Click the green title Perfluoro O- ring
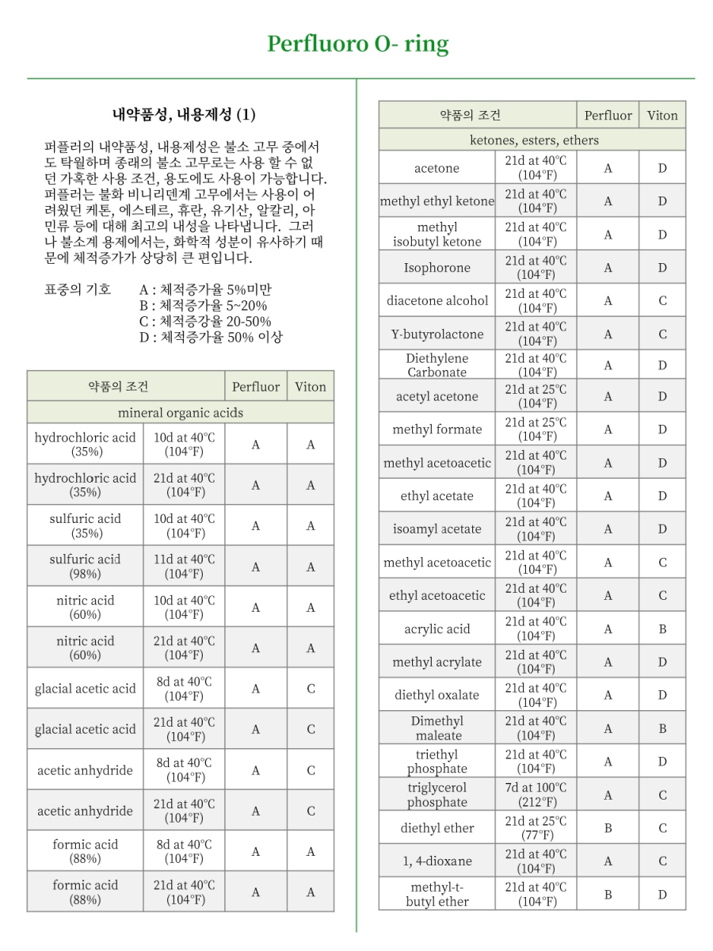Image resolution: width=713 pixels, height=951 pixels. [357, 44]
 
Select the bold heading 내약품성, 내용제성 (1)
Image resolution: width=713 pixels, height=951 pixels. [183, 115]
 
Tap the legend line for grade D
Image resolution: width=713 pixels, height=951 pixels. [211, 337]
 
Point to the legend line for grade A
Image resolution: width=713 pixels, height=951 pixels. [205, 289]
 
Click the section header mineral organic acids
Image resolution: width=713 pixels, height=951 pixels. [181, 412]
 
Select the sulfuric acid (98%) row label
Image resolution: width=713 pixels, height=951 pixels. [86, 566]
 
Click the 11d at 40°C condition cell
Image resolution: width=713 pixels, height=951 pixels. [184, 566]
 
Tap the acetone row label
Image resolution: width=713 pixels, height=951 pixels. [437, 168]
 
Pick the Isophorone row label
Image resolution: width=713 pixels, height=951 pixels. [437, 268]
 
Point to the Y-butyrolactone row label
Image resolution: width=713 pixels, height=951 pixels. [437, 334]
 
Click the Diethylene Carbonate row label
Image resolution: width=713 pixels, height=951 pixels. [437, 365]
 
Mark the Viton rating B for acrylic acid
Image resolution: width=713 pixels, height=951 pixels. [662, 629]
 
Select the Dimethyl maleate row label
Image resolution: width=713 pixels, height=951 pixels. [437, 728]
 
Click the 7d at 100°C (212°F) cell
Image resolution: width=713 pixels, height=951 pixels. [536, 795]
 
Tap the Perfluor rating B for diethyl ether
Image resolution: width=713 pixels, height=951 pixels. [608, 828]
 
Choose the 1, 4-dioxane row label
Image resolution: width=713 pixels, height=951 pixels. [437, 861]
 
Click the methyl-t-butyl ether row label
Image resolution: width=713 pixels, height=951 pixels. [437, 894]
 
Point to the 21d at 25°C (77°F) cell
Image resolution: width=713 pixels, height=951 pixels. [536, 828]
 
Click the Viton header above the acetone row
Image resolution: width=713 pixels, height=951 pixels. [662, 115]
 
